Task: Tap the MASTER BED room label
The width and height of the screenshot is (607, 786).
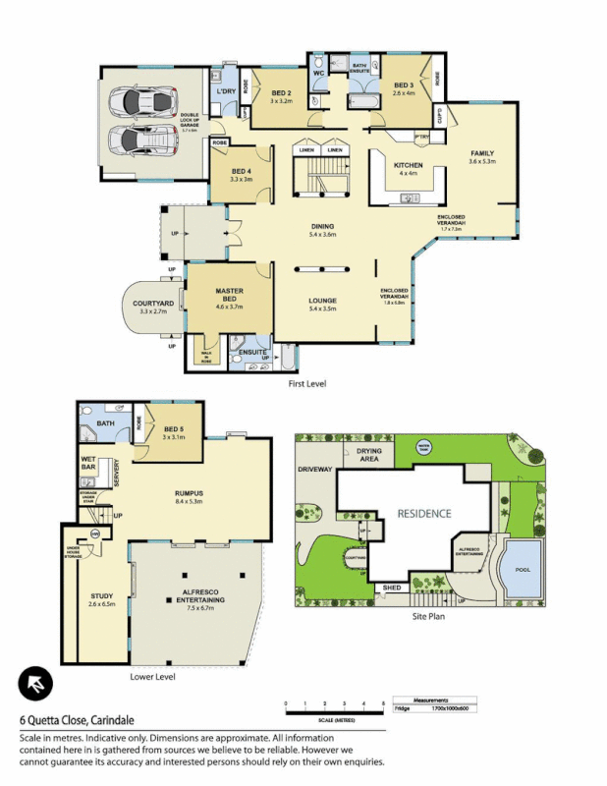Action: (x=229, y=294)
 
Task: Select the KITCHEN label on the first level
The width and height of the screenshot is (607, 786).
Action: (x=407, y=165)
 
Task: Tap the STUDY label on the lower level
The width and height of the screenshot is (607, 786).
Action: (x=102, y=596)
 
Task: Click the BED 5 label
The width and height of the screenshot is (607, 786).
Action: (x=175, y=429)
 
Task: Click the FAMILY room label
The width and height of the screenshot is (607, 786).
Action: (x=481, y=153)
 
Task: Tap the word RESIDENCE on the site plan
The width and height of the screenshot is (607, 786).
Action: (x=423, y=513)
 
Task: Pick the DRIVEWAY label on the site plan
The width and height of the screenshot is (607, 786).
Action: (x=316, y=470)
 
